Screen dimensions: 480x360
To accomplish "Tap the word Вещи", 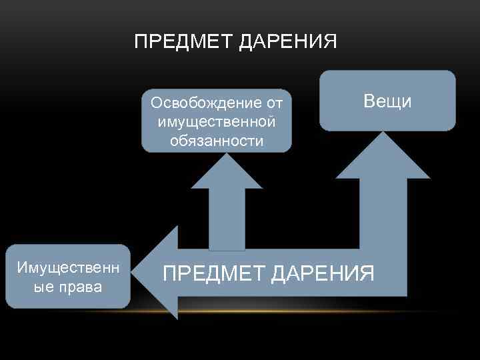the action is click(x=387, y=101).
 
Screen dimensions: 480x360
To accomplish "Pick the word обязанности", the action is click(x=217, y=141).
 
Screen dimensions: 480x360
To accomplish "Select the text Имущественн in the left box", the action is click(x=68, y=268).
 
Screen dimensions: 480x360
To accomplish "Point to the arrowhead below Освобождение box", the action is click(x=228, y=172).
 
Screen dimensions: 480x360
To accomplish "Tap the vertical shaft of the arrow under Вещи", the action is click(x=383, y=213).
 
